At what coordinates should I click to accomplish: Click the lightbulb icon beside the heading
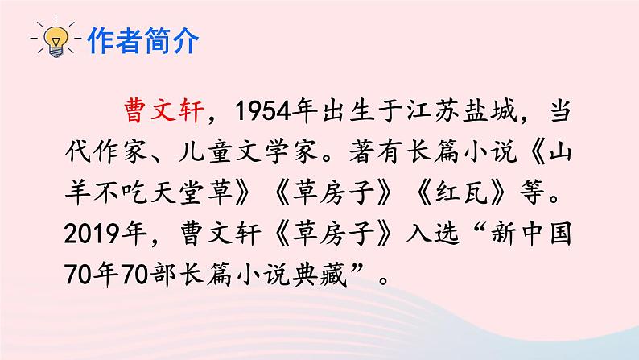tap(56, 39)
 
